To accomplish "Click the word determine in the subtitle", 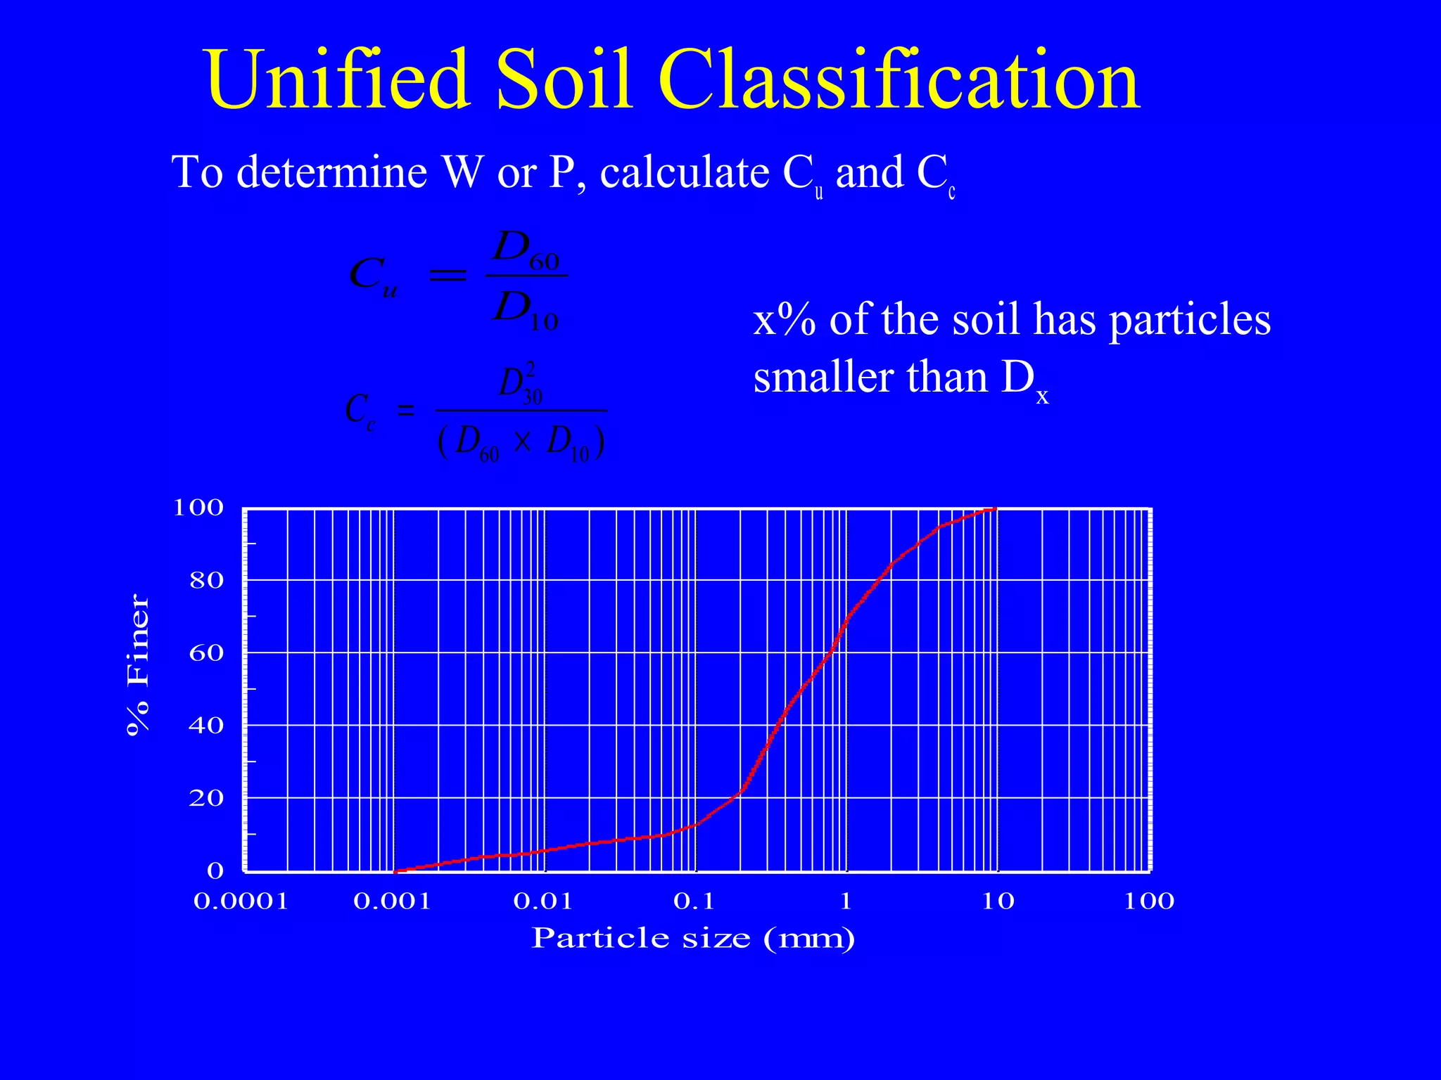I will pyautogui.click(x=331, y=172).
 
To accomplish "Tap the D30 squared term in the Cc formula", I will pyautogui.click(x=521, y=384).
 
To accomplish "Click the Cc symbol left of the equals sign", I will pyautogui.click(x=360, y=410).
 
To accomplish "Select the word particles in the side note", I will pyautogui.click(x=1190, y=320).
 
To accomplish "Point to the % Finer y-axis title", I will pyautogui.click(x=137, y=664).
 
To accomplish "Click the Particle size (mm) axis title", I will pyautogui.click(x=693, y=938).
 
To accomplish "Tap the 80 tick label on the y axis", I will pyautogui.click(x=205, y=581).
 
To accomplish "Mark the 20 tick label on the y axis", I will pyautogui.click(x=205, y=798).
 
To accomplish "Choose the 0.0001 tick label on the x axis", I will pyautogui.click(x=241, y=901).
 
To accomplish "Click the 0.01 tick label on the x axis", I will pyautogui.click(x=543, y=901).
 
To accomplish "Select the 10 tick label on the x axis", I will pyautogui.click(x=998, y=901).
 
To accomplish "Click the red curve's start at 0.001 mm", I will pyautogui.click(x=395, y=871).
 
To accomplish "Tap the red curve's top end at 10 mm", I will pyautogui.click(x=995, y=508).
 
